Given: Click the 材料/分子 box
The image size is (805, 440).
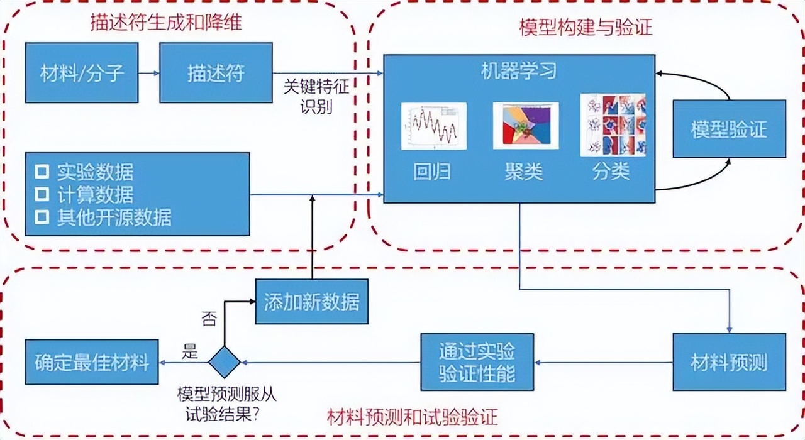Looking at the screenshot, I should (82, 73).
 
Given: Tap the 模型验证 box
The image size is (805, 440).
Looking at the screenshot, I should (729, 129).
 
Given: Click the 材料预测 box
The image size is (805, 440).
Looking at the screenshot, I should (729, 362).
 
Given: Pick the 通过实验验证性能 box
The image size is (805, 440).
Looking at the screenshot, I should (477, 362).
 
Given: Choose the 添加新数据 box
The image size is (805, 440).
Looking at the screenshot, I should (312, 302).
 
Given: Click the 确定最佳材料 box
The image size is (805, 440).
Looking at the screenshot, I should (91, 362).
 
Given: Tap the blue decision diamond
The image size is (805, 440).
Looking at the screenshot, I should (225, 363).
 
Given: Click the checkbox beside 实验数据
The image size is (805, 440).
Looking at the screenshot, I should (42, 172).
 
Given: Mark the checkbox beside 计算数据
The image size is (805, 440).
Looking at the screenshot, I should (42, 194).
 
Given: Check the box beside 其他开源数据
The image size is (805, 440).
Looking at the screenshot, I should (42, 217).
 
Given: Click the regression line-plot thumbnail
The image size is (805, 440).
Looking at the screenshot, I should (434, 126).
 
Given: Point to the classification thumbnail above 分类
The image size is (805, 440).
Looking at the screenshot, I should (613, 124).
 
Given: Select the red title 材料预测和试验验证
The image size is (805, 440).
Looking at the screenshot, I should (413, 417).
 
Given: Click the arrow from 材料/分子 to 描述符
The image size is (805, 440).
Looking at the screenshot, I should (149, 74).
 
